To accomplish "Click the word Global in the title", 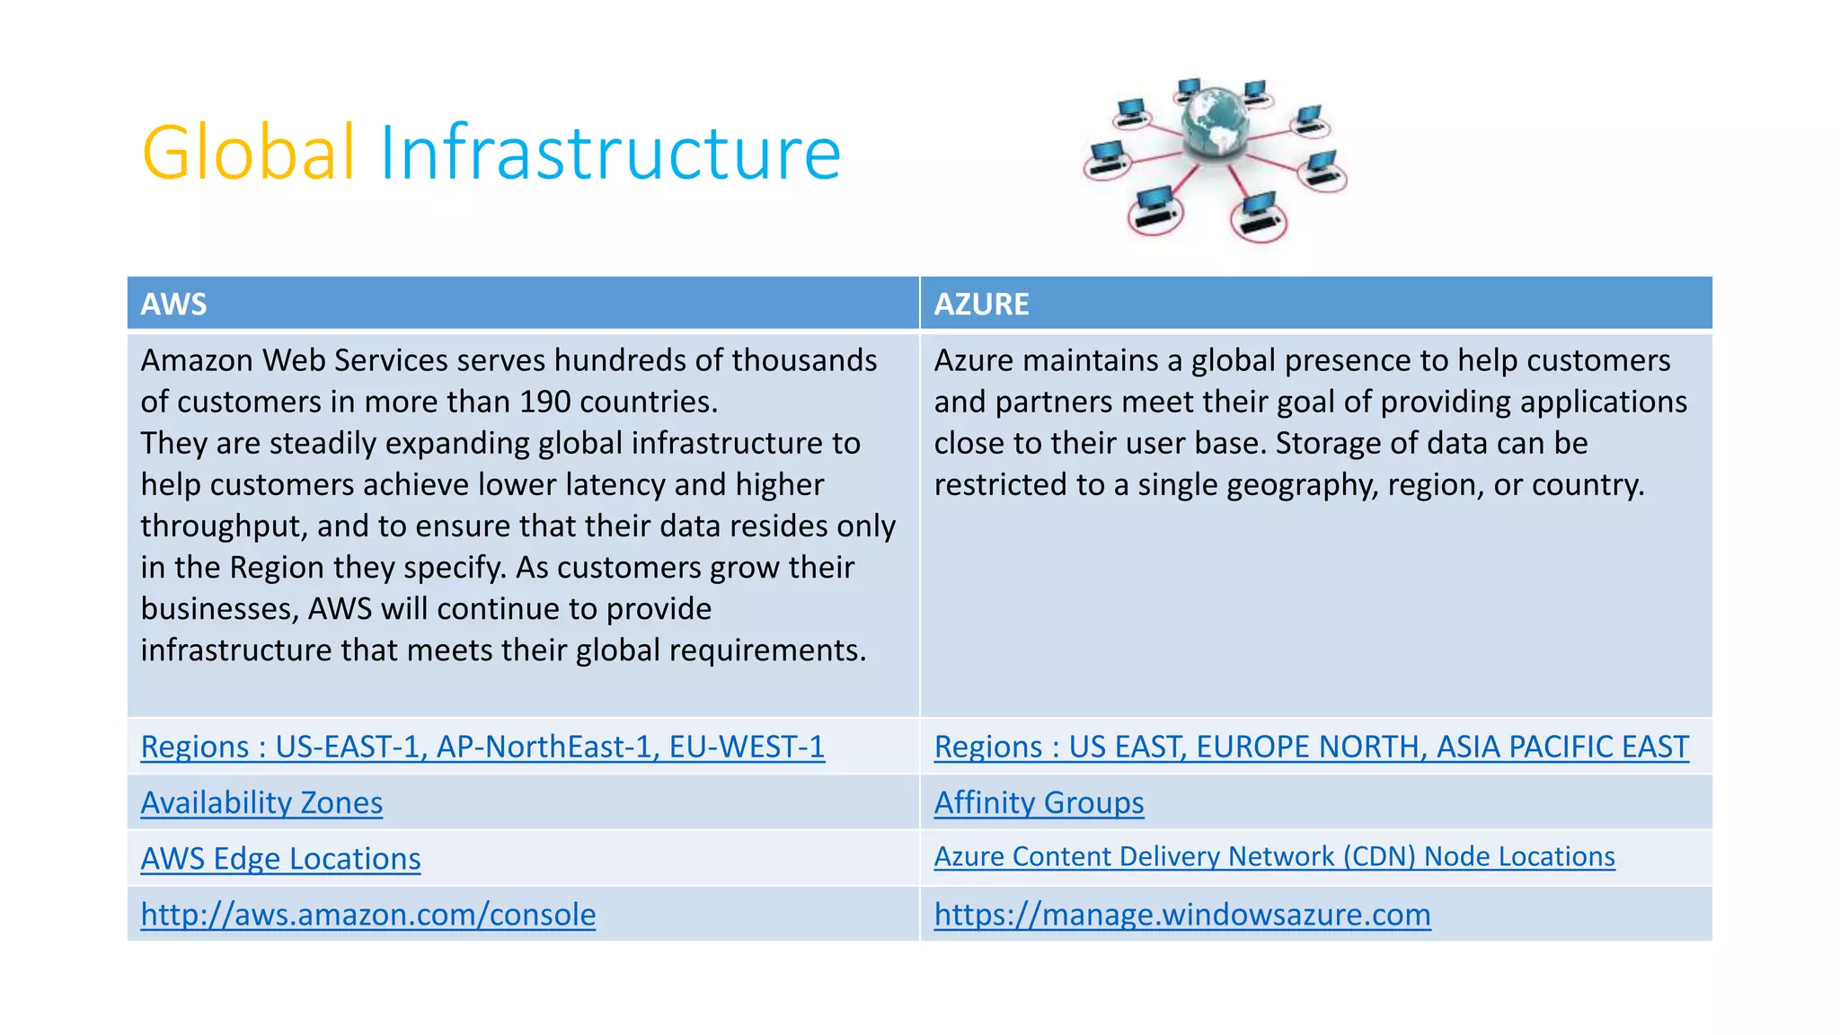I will click(249, 153).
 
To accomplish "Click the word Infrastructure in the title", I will click(610, 153).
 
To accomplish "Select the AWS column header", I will click(173, 305).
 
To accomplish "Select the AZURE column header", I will click(981, 305).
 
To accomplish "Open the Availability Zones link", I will click(261, 802).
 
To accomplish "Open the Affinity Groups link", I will click(1039, 802).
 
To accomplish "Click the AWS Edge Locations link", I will click(280, 859).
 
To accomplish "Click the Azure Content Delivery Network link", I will click(1274, 857).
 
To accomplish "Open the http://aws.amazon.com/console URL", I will click(367, 915).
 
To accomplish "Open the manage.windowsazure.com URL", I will click(1181, 915).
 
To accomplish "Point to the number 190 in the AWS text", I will click(545, 402).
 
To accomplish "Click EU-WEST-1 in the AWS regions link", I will click(747, 747).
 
